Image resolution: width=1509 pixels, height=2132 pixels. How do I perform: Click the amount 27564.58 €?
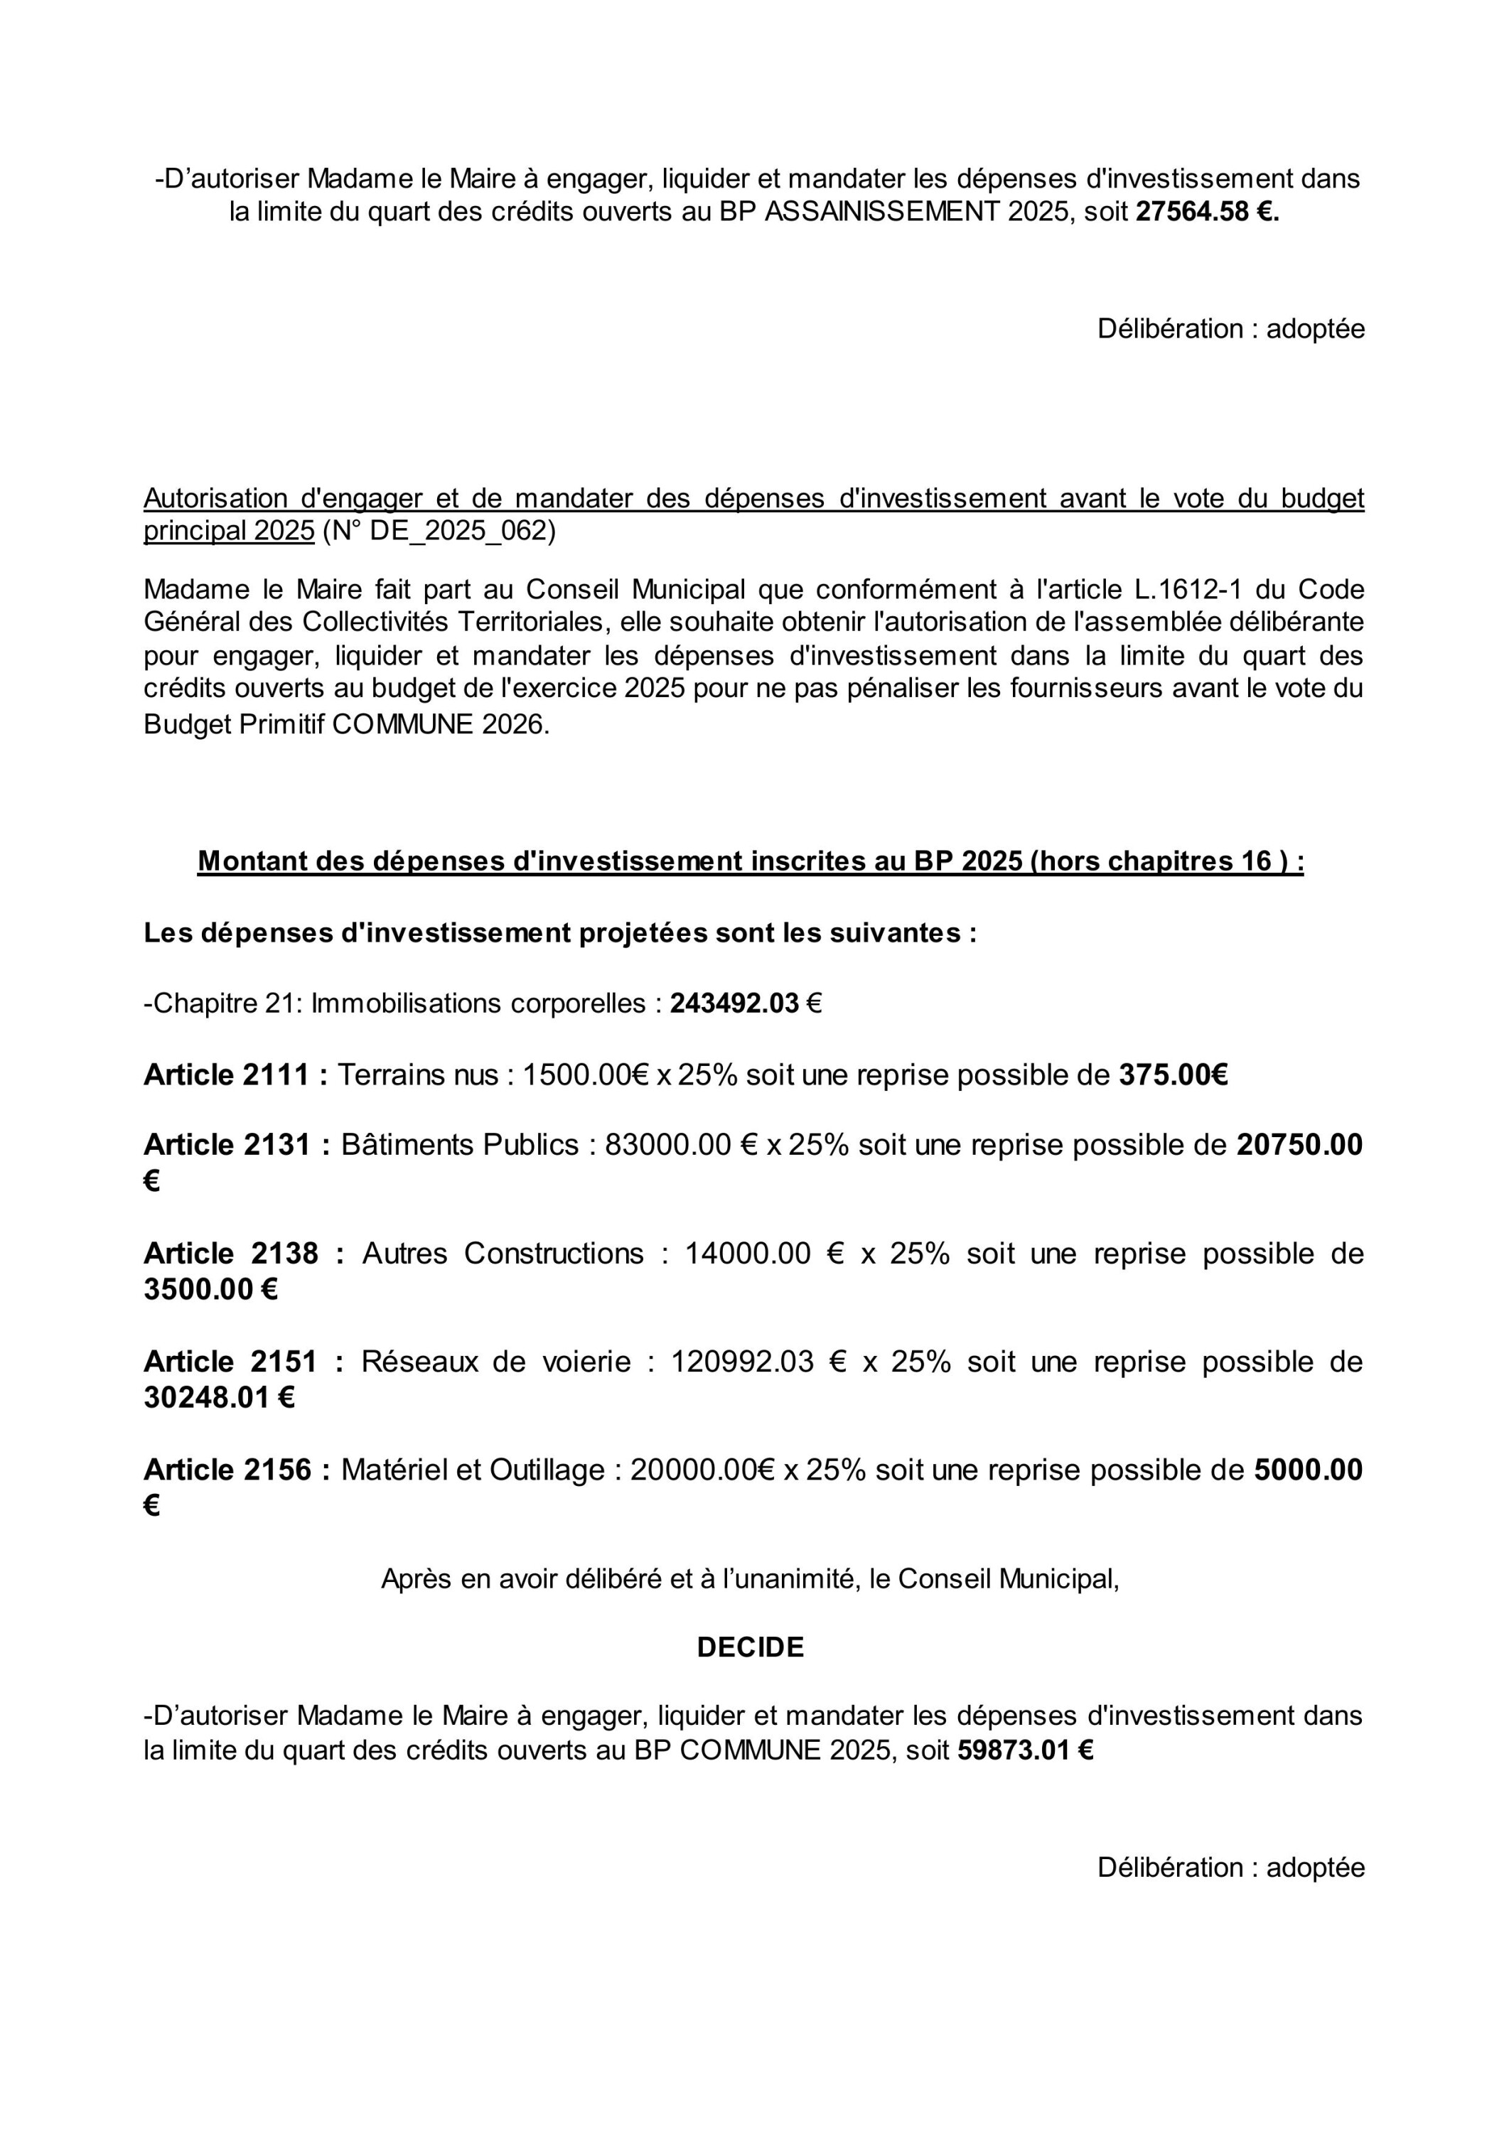[1207, 212]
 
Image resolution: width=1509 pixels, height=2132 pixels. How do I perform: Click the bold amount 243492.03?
[734, 1004]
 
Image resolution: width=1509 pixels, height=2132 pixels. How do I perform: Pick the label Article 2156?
[236, 1470]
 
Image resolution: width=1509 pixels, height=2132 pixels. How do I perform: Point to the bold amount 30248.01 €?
[218, 1398]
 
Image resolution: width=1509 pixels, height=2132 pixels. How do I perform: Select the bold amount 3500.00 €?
[210, 1291]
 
